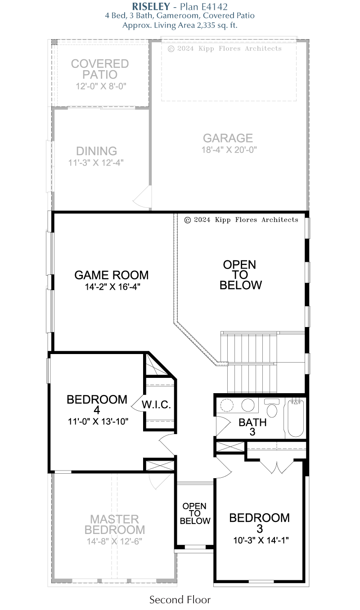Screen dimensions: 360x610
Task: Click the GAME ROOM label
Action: [112, 275]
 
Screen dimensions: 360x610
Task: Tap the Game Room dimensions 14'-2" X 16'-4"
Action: [112, 287]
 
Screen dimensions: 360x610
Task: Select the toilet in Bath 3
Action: [272, 408]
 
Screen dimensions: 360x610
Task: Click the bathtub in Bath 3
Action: [295, 418]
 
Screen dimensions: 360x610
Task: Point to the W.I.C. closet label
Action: [156, 405]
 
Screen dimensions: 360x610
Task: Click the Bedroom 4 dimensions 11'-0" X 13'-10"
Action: [98, 422]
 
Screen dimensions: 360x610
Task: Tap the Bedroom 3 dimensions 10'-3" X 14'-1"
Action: [261, 540]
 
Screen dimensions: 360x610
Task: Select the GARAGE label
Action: [228, 138]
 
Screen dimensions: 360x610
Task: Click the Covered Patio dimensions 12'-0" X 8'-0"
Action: [101, 86]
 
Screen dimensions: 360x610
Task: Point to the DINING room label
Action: [96, 151]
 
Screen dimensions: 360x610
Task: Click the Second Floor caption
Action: [180, 600]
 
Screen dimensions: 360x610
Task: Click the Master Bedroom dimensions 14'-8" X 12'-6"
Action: [114, 541]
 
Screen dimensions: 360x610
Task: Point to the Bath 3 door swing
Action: [223, 426]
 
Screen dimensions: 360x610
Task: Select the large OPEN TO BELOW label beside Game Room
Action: [240, 275]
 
